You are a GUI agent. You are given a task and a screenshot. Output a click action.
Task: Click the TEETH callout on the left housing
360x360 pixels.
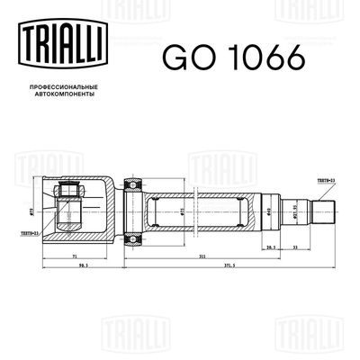(31, 230)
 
